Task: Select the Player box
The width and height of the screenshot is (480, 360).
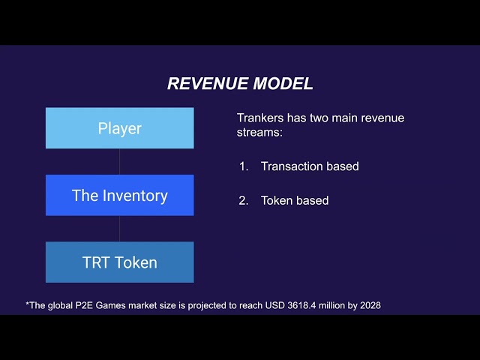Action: [119, 128]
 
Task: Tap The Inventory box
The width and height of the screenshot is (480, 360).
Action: [119, 196]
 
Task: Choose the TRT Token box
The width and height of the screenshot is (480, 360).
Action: [119, 262]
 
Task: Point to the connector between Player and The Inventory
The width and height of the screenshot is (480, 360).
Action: [119, 161]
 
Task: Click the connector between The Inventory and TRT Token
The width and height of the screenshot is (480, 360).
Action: [119, 229]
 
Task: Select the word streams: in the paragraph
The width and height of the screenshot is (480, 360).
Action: [259, 133]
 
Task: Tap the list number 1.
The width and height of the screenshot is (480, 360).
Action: [243, 166]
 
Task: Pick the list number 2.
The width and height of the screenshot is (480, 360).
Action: [243, 200]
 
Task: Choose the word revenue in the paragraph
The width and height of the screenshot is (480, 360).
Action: [382, 118]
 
